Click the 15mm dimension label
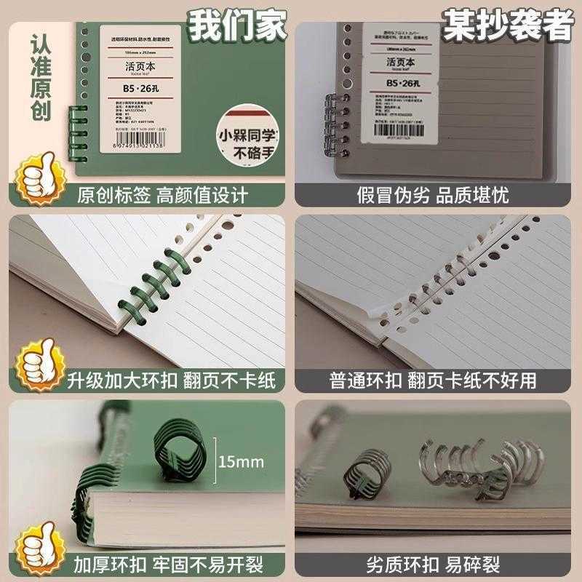click(240, 461)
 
